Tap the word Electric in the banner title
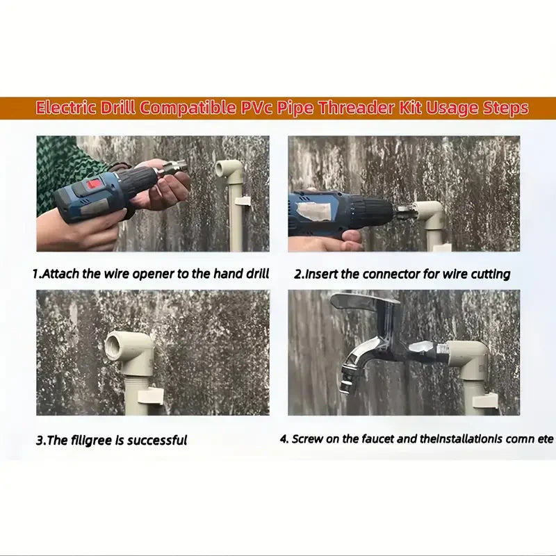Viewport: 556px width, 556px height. click(x=67, y=108)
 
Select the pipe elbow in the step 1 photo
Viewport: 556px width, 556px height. click(x=229, y=170)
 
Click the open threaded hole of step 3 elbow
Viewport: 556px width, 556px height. click(x=117, y=345)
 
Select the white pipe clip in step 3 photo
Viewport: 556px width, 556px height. click(x=150, y=396)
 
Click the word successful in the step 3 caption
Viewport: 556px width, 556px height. click(x=157, y=440)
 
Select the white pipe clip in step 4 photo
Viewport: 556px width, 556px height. click(x=486, y=401)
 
